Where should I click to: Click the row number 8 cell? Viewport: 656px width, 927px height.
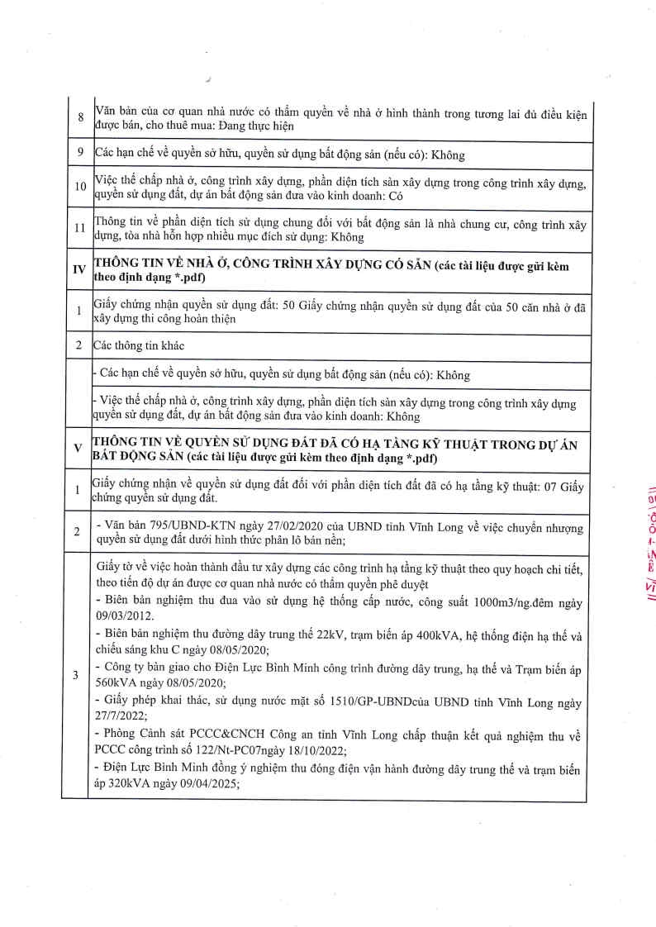80,117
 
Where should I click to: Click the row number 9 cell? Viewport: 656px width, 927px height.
80,153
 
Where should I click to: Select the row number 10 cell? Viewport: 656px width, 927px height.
80,187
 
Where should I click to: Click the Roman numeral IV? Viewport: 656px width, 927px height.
79,270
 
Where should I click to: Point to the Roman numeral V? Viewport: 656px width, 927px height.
78,448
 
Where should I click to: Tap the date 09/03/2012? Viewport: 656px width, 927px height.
123,616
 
